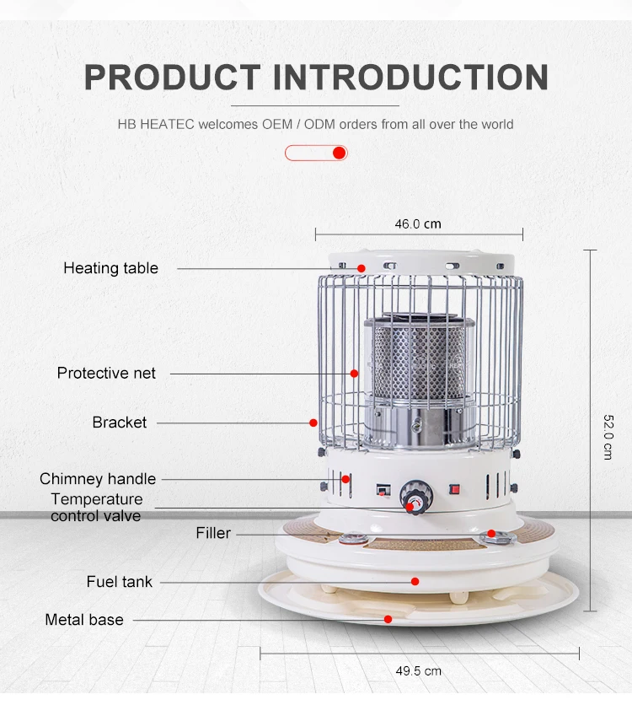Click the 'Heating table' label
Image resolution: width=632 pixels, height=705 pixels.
click(110, 268)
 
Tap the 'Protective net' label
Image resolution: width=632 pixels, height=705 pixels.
click(106, 373)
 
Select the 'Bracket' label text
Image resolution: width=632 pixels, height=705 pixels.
click(119, 422)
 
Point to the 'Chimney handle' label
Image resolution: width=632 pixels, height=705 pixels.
click(98, 479)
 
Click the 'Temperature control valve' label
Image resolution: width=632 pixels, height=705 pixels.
click(96, 507)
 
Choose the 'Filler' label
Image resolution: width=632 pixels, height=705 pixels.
click(213, 533)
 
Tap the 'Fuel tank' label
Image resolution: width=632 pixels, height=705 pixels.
click(119, 581)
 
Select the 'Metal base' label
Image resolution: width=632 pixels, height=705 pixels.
click(84, 620)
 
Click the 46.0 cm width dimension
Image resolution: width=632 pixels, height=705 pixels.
click(418, 224)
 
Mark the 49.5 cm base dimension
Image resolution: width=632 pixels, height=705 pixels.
click(418, 671)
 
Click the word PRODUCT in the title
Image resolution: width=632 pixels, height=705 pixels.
click(171, 78)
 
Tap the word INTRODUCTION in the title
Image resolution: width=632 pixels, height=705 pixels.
click(410, 78)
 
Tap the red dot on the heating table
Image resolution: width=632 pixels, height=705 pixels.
click(361, 268)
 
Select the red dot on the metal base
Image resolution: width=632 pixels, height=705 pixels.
click(388, 620)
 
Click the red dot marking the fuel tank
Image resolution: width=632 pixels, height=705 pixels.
click(415, 581)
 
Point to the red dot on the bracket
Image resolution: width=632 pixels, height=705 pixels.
click(313, 422)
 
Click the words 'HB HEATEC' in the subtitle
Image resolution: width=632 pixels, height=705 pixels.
click(156, 124)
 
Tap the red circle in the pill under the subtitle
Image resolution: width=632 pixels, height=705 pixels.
click(339, 153)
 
